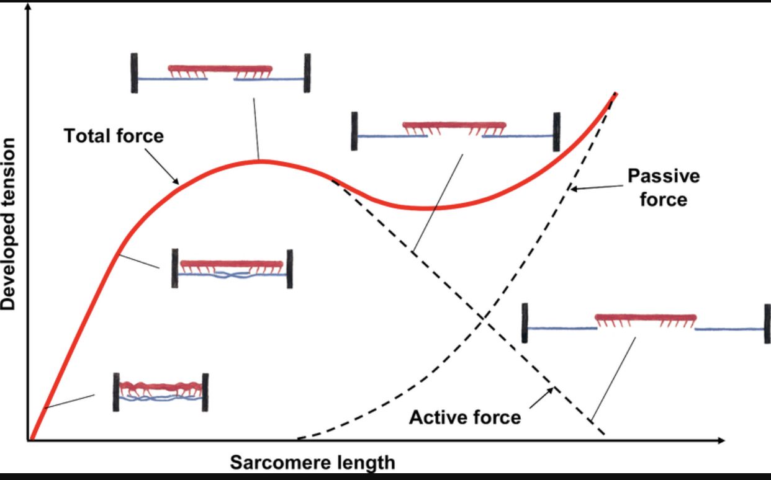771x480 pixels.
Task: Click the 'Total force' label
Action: point(114,135)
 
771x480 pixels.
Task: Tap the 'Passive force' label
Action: point(663,187)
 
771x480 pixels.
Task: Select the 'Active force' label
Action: point(464,417)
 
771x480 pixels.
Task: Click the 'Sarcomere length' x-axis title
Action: point(312,463)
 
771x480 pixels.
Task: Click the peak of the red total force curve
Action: point(259,161)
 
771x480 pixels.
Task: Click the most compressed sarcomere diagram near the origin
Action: point(160,392)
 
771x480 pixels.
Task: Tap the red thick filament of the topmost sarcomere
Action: point(220,68)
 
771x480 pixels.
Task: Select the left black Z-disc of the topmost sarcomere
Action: point(135,73)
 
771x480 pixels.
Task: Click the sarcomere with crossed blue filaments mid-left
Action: point(232,269)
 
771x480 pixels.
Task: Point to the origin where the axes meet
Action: point(29,440)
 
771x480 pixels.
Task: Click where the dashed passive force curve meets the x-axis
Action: point(298,439)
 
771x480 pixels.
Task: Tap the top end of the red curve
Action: point(615,94)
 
